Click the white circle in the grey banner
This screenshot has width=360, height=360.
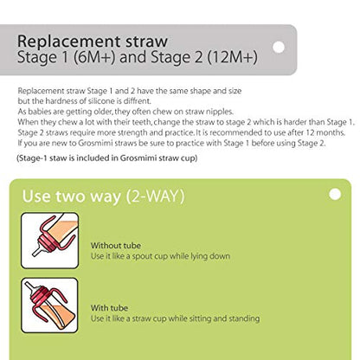pyautogui.click(x=278, y=48)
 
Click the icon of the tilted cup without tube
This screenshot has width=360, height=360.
pyautogui.click(x=49, y=240)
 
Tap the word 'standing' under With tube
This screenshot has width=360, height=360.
pyautogui.click(x=240, y=318)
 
